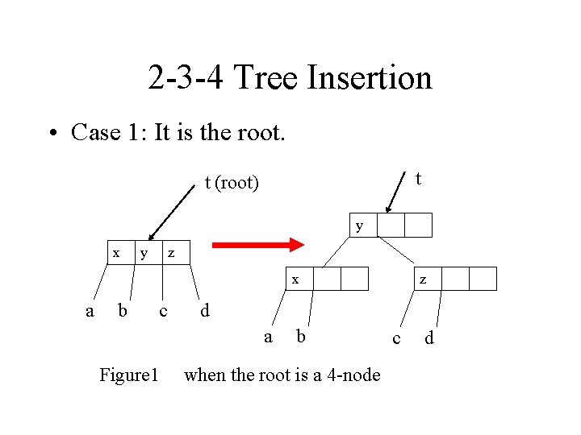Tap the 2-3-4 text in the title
187,78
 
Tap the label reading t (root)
232,183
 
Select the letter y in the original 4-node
144,252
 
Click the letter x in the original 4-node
116,252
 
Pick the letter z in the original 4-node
170,253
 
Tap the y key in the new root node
360,226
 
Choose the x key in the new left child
295,280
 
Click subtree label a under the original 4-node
90,309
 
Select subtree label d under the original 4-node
205,310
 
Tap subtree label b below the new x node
300,336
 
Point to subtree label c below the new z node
395,338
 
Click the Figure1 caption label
128,375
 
